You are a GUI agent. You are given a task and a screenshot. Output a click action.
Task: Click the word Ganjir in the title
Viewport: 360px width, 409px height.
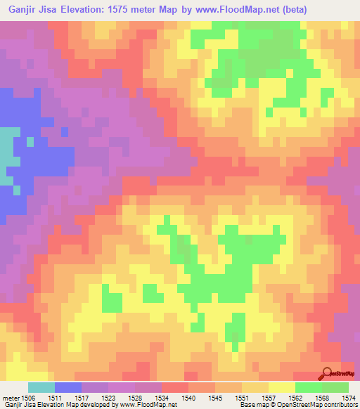pos(21,10)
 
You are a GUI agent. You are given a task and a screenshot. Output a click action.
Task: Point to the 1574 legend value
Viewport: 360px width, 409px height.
pos(347,398)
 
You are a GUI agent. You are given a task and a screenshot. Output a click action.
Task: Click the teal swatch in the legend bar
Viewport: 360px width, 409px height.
pos(41,387)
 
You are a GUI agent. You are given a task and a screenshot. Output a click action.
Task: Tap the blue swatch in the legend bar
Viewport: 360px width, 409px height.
pos(68,387)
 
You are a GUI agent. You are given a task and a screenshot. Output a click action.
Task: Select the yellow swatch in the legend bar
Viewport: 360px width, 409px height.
pos(282,387)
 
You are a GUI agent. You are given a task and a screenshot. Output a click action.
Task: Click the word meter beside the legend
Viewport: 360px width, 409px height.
pos(10,398)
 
